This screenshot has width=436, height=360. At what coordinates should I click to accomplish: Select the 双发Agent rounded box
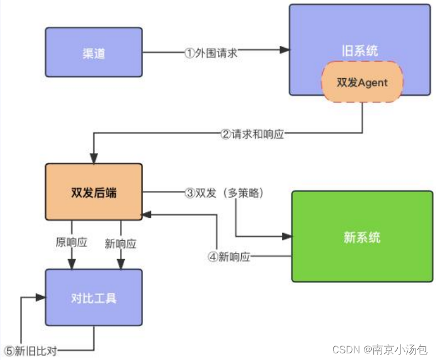[362, 82]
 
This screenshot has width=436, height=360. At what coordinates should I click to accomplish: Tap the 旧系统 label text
[359, 51]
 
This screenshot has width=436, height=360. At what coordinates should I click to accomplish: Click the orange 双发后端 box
[93, 192]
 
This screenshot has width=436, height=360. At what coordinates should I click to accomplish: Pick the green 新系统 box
[362, 237]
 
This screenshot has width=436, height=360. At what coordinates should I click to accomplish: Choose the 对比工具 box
[93, 298]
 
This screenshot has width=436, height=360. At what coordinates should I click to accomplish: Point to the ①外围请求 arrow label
[211, 53]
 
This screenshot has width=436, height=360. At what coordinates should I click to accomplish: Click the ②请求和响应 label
[252, 134]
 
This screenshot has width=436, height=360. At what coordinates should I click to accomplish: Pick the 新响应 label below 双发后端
[120, 243]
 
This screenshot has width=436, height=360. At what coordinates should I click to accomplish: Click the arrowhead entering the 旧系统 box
[285, 50]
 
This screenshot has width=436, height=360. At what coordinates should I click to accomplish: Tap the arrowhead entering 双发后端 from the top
[93, 159]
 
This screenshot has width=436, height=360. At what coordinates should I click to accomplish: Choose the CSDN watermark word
[344, 349]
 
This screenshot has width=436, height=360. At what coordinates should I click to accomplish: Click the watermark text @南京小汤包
[395, 349]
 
